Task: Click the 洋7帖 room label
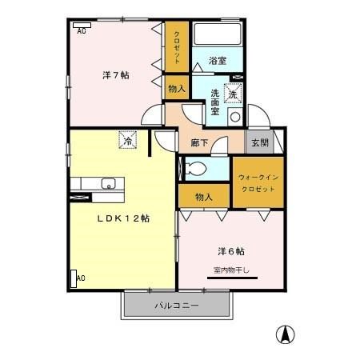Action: pos(116,75)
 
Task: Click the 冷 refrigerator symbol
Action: pos(128,139)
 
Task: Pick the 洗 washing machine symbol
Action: pos(233,93)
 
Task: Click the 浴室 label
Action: pos(217,61)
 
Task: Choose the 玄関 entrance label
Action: pos(259,142)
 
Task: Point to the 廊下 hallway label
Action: pos(200,143)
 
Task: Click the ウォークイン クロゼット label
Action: pos(258,182)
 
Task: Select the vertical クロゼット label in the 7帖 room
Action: pos(176,48)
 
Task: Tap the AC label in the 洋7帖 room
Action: pos(81,32)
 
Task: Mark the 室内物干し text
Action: pos(231,270)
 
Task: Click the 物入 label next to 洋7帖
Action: pos(177,89)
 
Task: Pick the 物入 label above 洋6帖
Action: pos(203,196)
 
